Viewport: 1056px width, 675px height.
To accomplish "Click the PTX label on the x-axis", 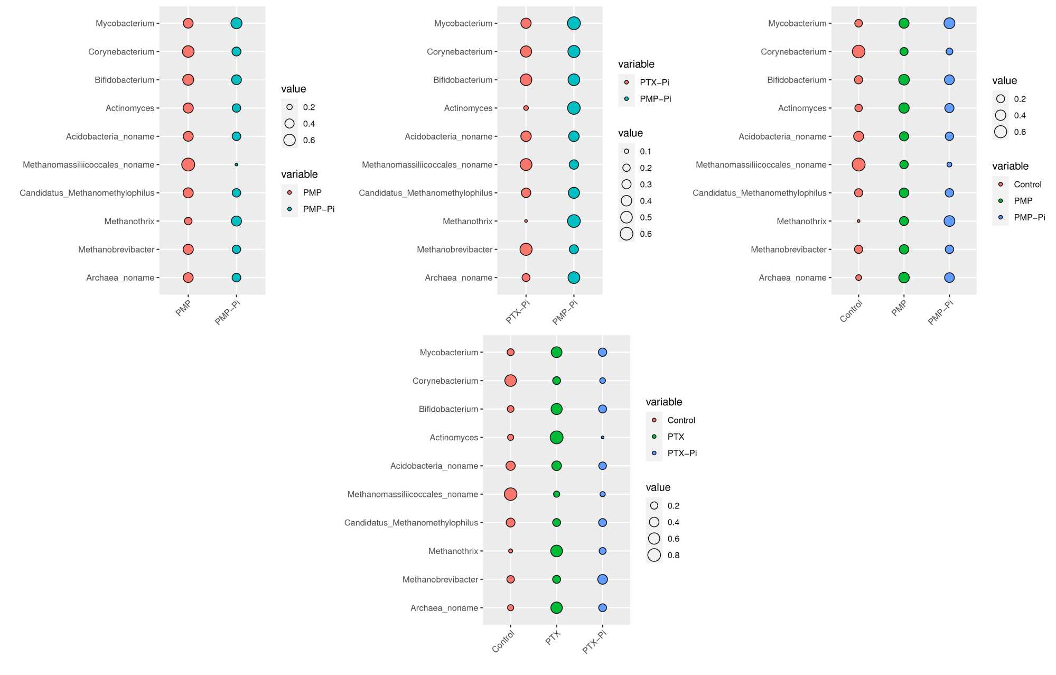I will tap(553, 638).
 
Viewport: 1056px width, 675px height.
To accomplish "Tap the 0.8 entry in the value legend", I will tap(654, 555).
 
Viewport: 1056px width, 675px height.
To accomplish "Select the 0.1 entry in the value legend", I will tap(627, 151).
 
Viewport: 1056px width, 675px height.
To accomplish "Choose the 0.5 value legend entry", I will tap(627, 217).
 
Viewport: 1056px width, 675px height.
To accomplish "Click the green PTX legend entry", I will tap(654, 437).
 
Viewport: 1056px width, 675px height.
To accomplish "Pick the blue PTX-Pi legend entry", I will tap(654, 453).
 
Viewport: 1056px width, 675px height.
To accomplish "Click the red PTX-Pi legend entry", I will tap(627, 82).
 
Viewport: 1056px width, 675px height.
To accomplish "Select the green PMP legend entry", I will tap(1001, 201).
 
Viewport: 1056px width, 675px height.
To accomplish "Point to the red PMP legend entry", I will tap(289, 192).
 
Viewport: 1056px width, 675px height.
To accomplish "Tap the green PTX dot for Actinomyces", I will tap(556, 437).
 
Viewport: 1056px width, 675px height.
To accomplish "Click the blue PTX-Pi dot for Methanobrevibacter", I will tap(602, 579).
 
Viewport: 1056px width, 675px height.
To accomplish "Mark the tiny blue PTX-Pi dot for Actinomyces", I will tap(602, 437).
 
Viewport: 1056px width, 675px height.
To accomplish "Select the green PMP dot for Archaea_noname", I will tap(904, 278).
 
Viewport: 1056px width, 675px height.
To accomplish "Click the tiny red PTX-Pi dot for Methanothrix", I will tap(526, 221).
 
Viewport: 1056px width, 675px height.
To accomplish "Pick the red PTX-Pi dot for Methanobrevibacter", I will tap(526, 249).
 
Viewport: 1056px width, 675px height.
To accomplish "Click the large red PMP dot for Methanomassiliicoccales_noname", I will tap(188, 164).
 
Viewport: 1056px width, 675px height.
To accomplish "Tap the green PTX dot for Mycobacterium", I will tap(556, 352).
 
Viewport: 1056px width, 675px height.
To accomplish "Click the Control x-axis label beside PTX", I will tap(503, 641).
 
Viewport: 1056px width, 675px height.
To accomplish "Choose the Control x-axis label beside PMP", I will tap(851, 311).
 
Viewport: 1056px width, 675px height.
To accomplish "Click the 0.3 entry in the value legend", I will tap(627, 184).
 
